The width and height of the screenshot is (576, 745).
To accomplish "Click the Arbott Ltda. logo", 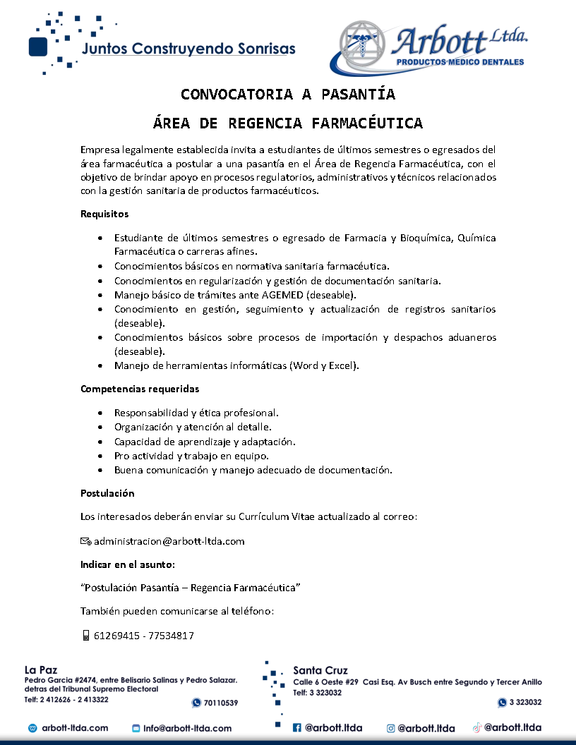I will [x=432, y=47].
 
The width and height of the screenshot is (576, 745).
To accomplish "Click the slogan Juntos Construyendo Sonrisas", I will [x=188, y=49].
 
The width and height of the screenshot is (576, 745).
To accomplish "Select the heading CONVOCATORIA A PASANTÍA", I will [x=288, y=95].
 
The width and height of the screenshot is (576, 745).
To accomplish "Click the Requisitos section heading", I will [x=104, y=214].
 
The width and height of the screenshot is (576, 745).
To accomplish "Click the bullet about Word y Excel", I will [x=237, y=365].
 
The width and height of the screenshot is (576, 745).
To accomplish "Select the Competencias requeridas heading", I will [x=140, y=389].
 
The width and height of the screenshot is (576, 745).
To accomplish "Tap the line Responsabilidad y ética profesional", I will [x=196, y=413].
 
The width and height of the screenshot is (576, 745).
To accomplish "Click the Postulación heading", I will [x=107, y=493].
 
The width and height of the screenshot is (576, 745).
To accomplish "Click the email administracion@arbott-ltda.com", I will [x=169, y=542].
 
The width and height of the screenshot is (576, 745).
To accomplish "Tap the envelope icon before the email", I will [x=85, y=542].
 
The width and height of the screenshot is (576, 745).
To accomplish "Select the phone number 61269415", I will [x=116, y=636].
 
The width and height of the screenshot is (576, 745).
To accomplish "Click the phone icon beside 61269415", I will [x=85, y=636].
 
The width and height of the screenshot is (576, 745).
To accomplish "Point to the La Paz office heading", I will [x=41, y=670].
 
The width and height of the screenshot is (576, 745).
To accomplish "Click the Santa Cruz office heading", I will [x=320, y=670].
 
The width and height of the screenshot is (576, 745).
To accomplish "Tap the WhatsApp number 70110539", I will [x=220, y=703].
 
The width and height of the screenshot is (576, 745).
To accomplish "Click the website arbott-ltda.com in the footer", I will [x=75, y=728].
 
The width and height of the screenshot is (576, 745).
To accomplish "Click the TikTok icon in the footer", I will [x=477, y=727].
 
